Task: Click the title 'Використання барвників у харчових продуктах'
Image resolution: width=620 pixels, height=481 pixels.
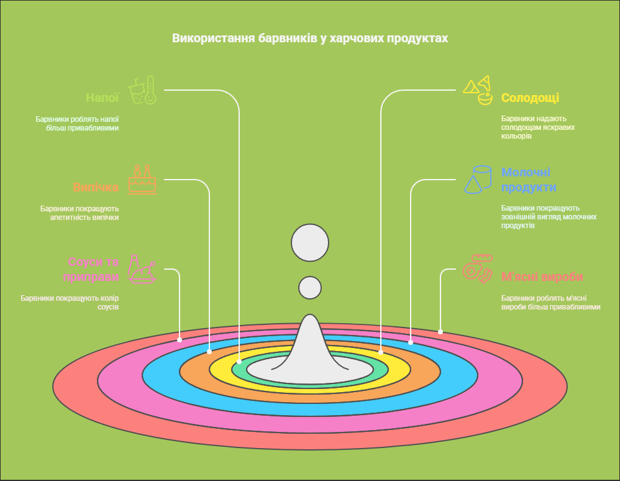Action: click(x=309, y=39)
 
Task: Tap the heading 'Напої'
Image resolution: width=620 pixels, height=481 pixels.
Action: click(x=102, y=98)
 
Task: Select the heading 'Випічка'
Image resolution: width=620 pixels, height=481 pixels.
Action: click(x=96, y=187)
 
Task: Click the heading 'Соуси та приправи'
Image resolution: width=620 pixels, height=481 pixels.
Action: click(x=93, y=268)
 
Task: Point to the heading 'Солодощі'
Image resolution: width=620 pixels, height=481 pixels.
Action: click(x=530, y=98)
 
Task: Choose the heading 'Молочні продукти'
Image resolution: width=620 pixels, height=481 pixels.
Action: click(x=529, y=180)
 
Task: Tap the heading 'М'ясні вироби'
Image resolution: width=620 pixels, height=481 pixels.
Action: click(x=542, y=277)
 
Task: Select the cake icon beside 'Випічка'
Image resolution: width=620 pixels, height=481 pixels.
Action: click(x=142, y=180)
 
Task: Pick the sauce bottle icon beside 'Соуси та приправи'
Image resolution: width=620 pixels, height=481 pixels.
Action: click(x=141, y=269)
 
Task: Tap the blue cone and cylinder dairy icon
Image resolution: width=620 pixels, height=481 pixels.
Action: click(x=478, y=180)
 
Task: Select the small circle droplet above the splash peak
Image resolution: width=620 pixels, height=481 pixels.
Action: click(x=310, y=288)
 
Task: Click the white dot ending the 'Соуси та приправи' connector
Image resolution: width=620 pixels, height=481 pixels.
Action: click(x=180, y=340)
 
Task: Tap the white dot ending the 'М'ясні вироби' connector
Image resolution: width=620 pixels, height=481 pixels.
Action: click(x=440, y=332)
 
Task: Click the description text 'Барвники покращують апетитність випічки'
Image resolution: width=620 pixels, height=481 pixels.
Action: click(x=80, y=213)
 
